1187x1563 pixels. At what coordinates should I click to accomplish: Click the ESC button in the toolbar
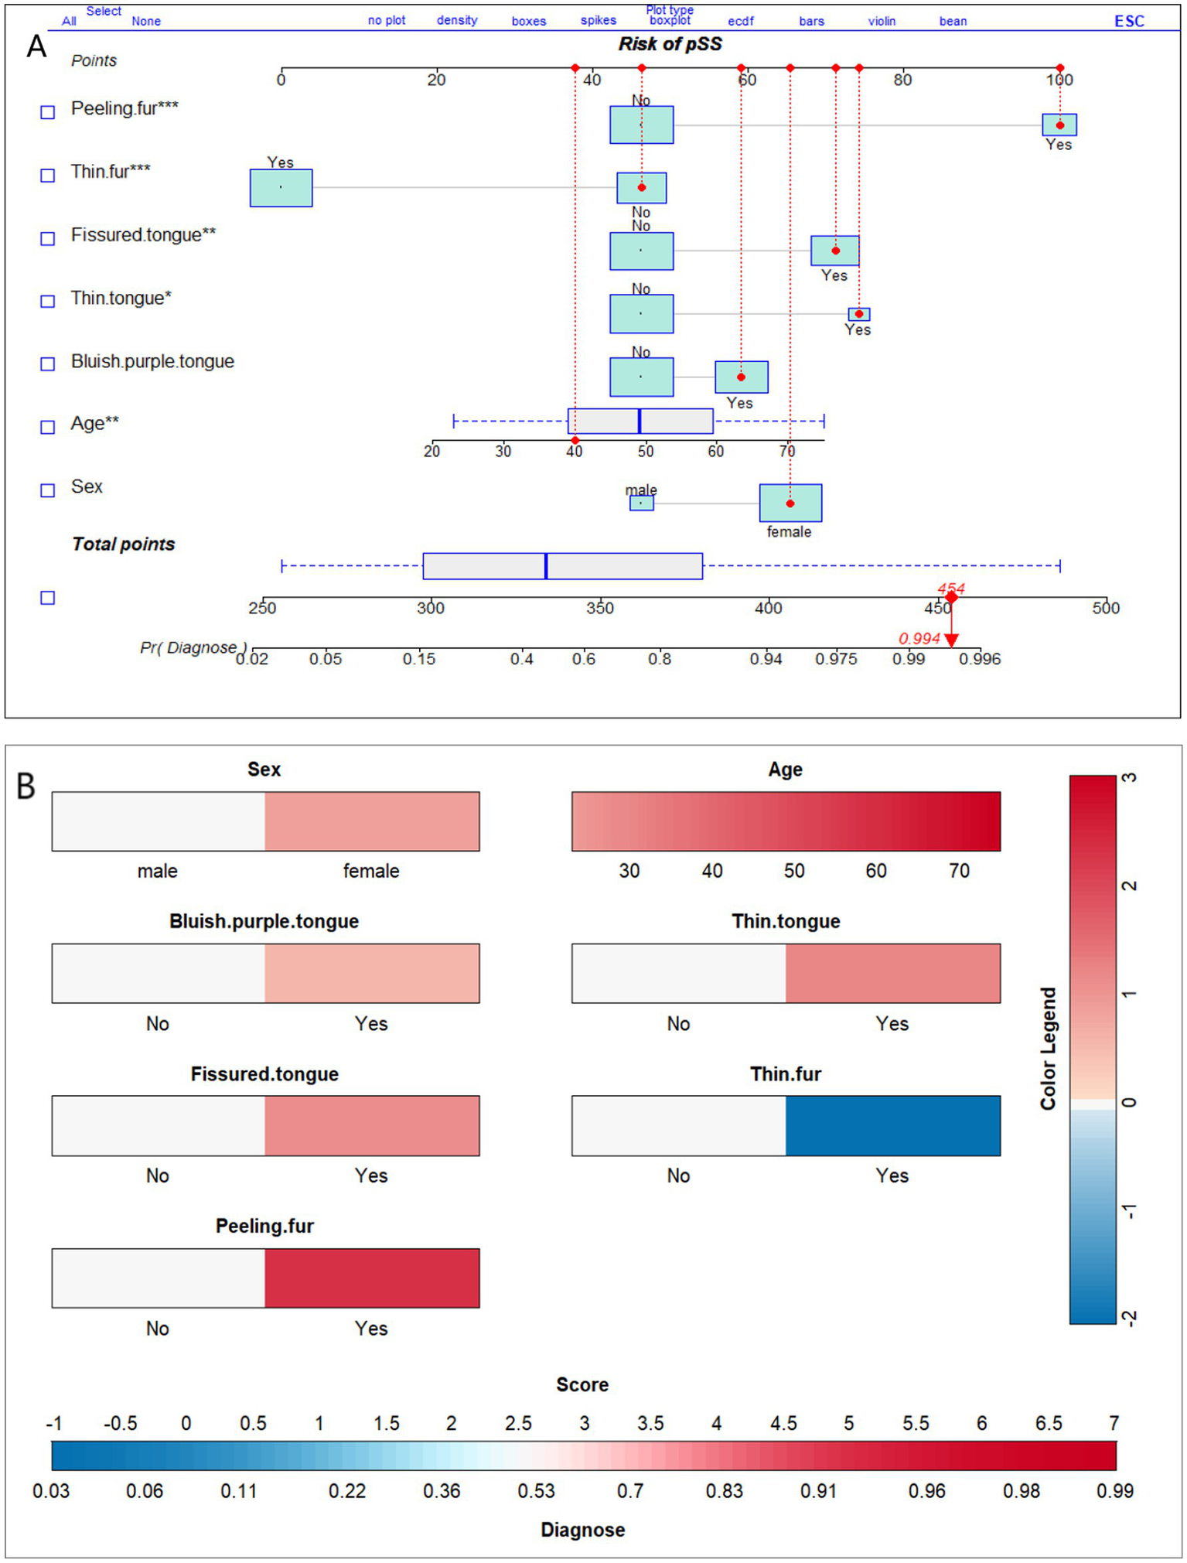(x=1128, y=21)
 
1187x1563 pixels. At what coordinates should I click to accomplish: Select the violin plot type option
(x=881, y=21)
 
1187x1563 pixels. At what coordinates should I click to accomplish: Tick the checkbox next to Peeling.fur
(x=48, y=112)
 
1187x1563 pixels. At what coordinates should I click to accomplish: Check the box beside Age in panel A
(x=48, y=427)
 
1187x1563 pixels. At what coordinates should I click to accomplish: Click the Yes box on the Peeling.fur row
(x=1059, y=125)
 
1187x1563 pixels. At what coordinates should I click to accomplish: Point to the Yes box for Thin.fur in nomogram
(x=281, y=188)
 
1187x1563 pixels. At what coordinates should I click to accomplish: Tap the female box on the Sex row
(x=790, y=503)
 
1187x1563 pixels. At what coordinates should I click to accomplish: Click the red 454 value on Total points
(x=950, y=589)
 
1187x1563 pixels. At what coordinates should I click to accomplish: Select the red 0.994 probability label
(x=919, y=639)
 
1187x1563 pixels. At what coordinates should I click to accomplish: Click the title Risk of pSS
(x=670, y=44)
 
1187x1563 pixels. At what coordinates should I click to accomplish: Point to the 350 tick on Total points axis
(x=599, y=607)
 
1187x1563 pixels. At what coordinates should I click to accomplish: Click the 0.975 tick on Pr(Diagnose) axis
(x=836, y=659)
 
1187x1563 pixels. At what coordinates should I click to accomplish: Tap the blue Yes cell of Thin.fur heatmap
(x=892, y=1125)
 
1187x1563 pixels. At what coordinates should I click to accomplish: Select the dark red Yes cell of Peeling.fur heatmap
(x=372, y=1278)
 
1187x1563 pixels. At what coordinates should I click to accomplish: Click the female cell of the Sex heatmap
(x=372, y=821)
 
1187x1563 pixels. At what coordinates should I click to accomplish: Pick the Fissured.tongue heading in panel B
(x=264, y=1074)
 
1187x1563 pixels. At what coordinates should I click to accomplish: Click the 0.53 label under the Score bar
(x=536, y=1491)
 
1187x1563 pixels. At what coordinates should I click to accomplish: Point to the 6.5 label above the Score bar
(x=1048, y=1423)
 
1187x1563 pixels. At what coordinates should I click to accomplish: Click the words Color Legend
(x=1048, y=1048)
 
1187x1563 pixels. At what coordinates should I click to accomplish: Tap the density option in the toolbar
(x=456, y=20)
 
